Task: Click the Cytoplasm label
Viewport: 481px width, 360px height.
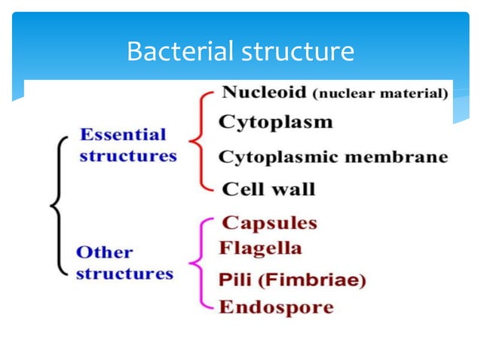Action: point(274,122)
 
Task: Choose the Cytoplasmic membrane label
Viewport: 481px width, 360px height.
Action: point(332,157)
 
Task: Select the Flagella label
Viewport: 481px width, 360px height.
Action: point(259,248)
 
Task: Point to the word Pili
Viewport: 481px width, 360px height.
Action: point(233,280)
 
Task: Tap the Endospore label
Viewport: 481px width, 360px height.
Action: point(275,307)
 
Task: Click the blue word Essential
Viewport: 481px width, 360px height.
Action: point(122,136)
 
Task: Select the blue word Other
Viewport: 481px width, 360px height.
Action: point(104,252)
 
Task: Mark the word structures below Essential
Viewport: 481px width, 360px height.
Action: point(127,157)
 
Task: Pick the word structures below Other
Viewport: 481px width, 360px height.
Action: point(124,273)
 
